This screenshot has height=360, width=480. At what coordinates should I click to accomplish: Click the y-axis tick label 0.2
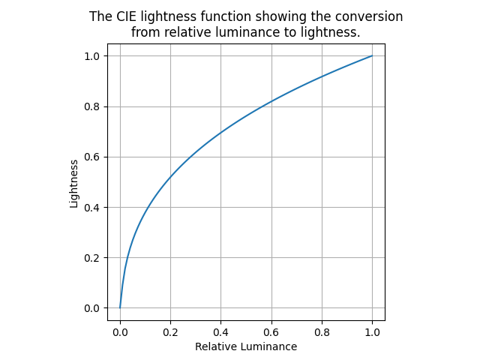tap(92, 258)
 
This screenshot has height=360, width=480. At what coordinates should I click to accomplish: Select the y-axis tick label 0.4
tap(92, 208)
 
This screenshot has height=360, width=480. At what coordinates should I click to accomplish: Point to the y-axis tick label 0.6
tap(92, 157)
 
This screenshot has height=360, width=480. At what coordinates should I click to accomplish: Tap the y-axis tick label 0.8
tap(92, 106)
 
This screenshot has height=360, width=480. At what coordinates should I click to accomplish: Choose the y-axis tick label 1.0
tap(92, 56)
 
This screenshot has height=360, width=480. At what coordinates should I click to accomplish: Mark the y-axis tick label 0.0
tap(92, 308)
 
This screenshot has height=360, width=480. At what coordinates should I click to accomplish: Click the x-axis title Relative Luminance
tap(246, 346)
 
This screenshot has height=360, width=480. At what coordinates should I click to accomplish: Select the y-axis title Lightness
tap(74, 182)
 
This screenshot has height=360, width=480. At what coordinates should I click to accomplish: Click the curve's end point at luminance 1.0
tap(372, 55)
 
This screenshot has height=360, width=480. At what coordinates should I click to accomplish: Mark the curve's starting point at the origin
tap(120, 307)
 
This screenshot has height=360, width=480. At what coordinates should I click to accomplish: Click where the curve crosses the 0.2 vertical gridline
tap(170, 178)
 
